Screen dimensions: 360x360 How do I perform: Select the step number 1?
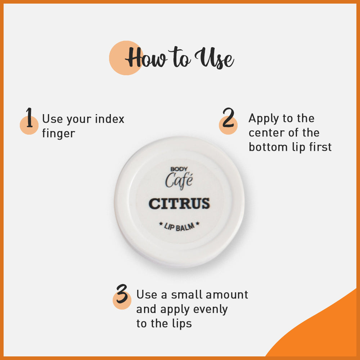tap(30, 118)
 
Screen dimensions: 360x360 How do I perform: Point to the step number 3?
tap(122, 294)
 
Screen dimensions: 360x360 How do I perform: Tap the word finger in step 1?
tap(58, 134)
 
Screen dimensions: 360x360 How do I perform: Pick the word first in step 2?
tap(319, 147)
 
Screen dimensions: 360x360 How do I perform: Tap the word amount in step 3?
tap(228, 294)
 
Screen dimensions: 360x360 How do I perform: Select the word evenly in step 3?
tap(210, 309)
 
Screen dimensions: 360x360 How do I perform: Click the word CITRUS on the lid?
tap(179, 204)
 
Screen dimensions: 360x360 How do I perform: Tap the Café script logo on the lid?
tap(179, 180)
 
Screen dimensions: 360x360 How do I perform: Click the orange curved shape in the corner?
tap(324, 331)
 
